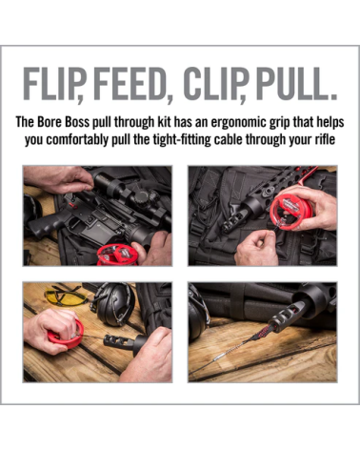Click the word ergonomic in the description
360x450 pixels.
(x=239, y=122)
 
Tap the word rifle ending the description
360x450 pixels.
(x=325, y=139)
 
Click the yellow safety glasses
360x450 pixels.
(x=65, y=296)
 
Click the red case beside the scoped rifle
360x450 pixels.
(x=117, y=255)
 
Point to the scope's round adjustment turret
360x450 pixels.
(x=140, y=198)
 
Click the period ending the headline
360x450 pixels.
(x=331, y=96)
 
